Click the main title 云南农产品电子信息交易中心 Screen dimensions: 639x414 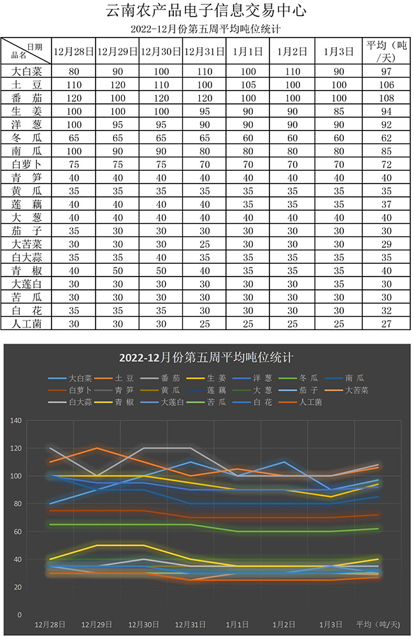pyautogui.click(x=206, y=11)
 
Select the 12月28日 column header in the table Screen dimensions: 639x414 pyautogui.click(x=73, y=51)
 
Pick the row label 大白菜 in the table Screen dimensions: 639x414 pyautogui.click(x=26, y=71)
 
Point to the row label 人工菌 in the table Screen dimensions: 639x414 pyautogui.click(x=26, y=324)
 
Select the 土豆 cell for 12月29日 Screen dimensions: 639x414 pyautogui.click(x=117, y=85)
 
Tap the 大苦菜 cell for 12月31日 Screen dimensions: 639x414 pyautogui.click(x=204, y=244)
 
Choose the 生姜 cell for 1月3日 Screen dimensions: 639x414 pyautogui.click(x=339, y=111)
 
